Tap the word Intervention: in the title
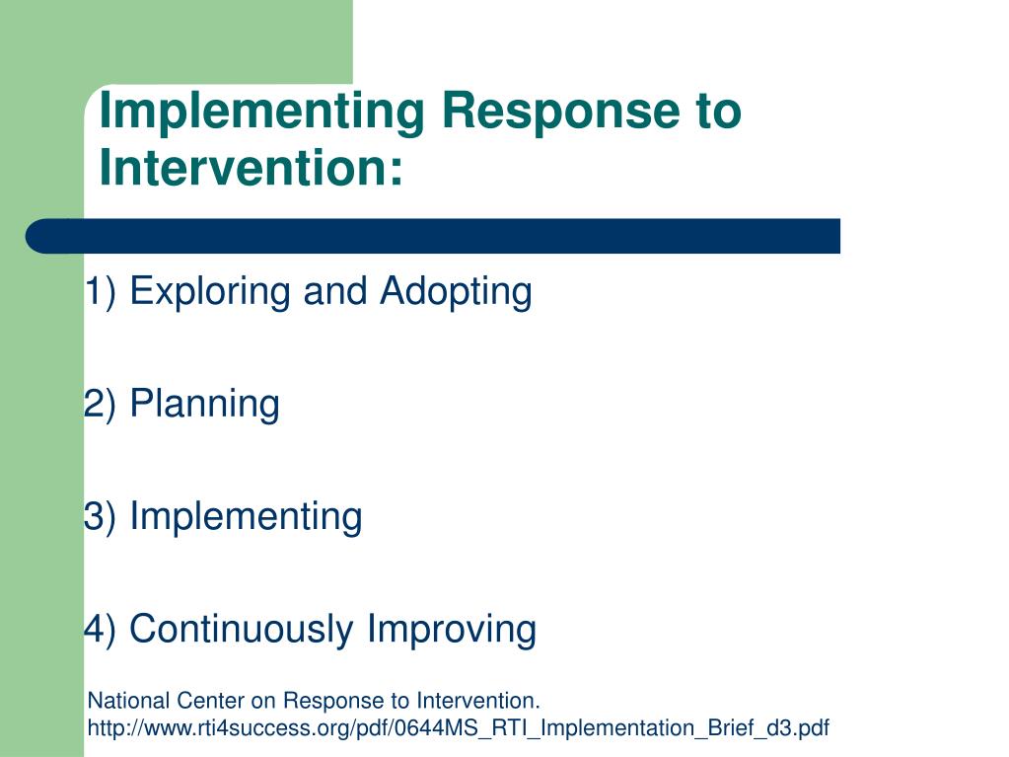tap(251, 167)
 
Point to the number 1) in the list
tap(101, 290)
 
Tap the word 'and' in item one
tap(334, 291)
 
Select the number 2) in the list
tap(101, 404)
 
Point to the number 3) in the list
tap(101, 516)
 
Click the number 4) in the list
tap(101, 629)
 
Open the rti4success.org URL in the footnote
tap(459, 728)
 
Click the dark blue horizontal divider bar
tap(432, 236)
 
